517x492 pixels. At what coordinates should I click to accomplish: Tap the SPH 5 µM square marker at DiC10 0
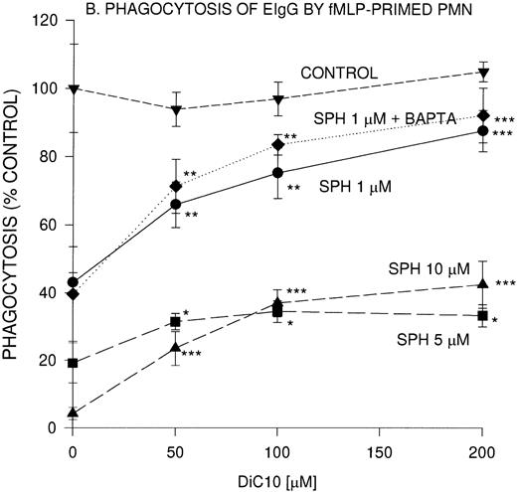point(74,363)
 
